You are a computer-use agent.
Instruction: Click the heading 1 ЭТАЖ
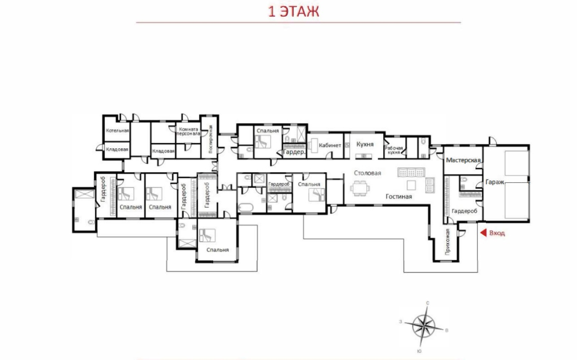[x=293, y=12]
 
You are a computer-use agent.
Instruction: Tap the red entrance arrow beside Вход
[x=484, y=233]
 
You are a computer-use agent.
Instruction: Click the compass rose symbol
[x=424, y=327]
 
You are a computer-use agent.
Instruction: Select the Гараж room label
[x=495, y=182]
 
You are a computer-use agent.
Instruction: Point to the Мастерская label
[x=463, y=160]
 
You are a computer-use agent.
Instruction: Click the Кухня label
[x=365, y=144]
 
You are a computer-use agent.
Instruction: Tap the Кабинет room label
[x=330, y=145]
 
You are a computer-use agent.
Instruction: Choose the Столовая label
[x=367, y=173]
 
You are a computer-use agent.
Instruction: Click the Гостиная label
[x=398, y=196]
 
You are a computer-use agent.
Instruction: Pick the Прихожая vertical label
[x=448, y=242]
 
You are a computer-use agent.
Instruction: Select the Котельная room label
[x=117, y=131]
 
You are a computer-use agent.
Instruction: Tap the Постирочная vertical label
[x=211, y=139]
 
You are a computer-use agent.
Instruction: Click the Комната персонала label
[x=188, y=131]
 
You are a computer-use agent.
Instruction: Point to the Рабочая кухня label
[x=394, y=150]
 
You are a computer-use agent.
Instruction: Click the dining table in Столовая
[x=360, y=188]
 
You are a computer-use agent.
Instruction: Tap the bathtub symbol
[x=246, y=207]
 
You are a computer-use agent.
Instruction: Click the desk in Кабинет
[x=313, y=145]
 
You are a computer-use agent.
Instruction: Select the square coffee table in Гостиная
[x=411, y=185]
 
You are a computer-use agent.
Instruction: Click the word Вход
[x=497, y=233]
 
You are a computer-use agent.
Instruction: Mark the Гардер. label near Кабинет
[x=294, y=152]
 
